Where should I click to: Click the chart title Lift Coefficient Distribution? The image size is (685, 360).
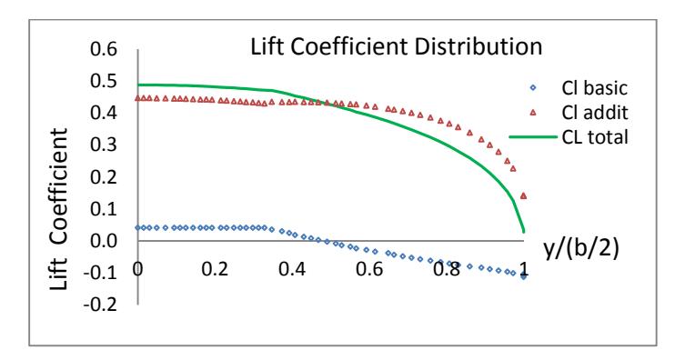tap(396, 46)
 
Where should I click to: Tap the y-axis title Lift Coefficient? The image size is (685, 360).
tap(58, 209)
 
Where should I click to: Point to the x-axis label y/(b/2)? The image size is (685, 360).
tap(581, 249)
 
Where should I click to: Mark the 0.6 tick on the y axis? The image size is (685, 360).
tap(104, 49)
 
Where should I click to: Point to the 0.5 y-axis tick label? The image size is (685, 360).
tap(104, 81)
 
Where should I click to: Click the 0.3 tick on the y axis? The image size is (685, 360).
tap(104, 145)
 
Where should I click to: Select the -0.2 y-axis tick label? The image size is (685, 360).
tap(100, 305)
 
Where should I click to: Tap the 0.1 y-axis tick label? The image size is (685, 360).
tap(104, 208)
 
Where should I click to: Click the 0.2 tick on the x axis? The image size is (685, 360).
tap(215, 269)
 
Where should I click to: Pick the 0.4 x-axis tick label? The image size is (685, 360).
tap(292, 269)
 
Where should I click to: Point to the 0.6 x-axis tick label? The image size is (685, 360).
tap(369, 269)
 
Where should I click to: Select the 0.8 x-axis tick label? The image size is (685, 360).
tap(447, 269)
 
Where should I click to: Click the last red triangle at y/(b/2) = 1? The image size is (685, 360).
tap(523, 196)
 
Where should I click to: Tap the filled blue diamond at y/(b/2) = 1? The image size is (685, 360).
tap(523, 275)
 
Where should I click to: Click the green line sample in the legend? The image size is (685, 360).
tap(533, 137)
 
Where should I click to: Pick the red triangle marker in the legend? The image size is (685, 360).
tap(533, 113)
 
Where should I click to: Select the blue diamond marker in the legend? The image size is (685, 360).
tap(533, 87)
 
